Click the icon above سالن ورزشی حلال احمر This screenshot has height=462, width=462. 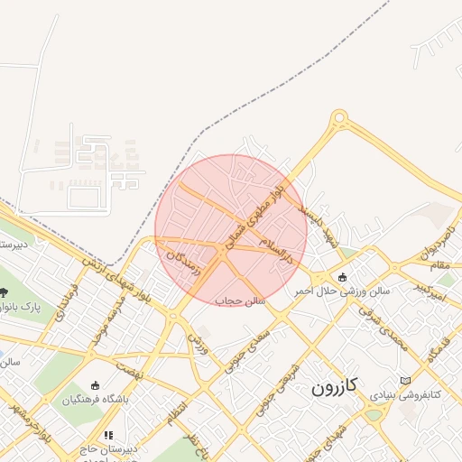tap(342, 276)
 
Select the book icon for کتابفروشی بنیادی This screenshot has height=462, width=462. tap(403, 380)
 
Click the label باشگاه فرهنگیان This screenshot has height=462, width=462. tap(96, 398)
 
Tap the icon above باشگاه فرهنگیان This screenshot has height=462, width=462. tap(96, 385)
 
